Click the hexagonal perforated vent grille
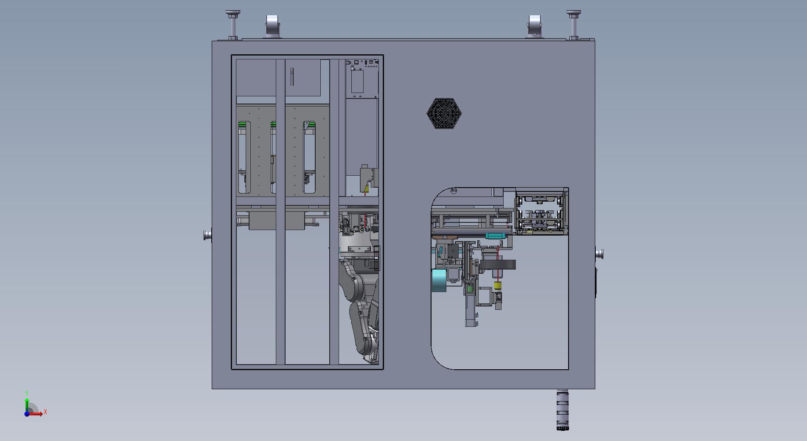click(x=444, y=113)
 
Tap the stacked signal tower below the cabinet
click(x=563, y=410)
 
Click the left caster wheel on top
click(x=272, y=25)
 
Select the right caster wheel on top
click(x=534, y=25)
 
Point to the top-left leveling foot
click(x=233, y=25)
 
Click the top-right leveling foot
click(x=574, y=25)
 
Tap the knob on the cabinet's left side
click(x=207, y=235)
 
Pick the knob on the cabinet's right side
click(x=600, y=254)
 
